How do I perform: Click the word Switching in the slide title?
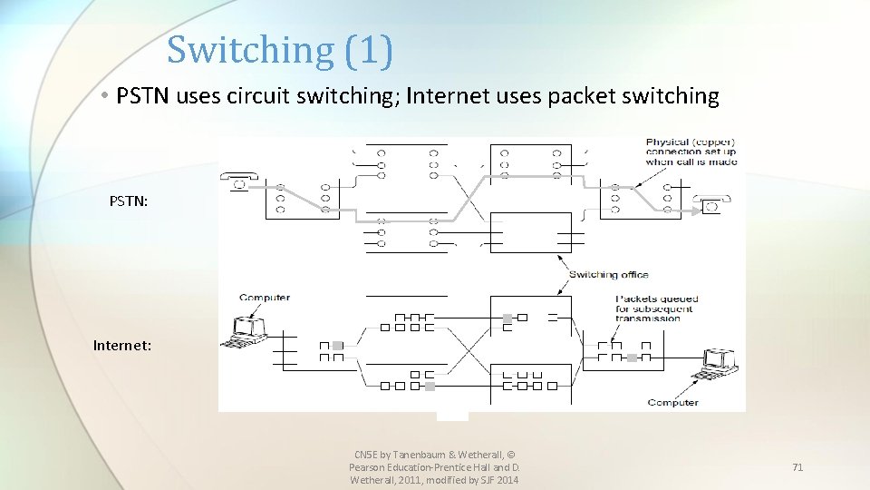(250, 49)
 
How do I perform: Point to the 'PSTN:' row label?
(126, 201)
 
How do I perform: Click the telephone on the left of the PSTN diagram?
(239, 182)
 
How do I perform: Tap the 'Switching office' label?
(608, 275)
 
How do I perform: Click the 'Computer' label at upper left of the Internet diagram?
(265, 298)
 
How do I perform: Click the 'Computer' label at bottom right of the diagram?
(672, 402)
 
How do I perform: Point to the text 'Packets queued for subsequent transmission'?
(653, 309)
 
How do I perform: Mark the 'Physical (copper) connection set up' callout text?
(691, 152)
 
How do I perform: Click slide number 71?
(797, 467)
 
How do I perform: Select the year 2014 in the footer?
(505, 480)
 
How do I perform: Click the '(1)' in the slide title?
(369, 49)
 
